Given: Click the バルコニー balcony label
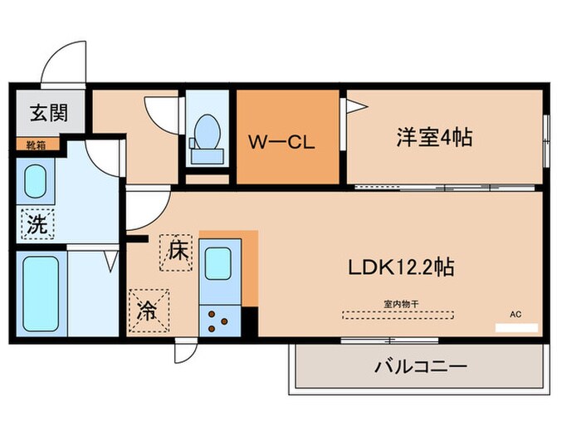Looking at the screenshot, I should point(422,366).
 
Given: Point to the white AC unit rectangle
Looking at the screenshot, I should point(516,327).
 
